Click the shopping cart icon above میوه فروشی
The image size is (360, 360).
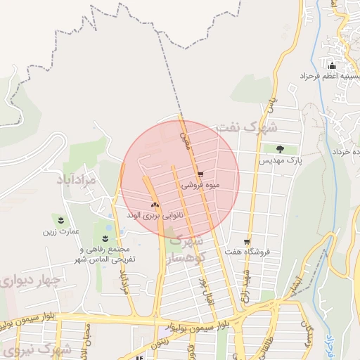[x=200, y=174]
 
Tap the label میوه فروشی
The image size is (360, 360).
[x=201, y=186]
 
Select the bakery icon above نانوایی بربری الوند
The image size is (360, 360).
[x=154, y=205]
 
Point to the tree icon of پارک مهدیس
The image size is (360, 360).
[x=281, y=149]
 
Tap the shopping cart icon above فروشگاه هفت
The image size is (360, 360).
[x=246, y=240]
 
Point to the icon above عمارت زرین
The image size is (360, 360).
[x=60, y=220]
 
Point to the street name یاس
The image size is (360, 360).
[x=268, y=105]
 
